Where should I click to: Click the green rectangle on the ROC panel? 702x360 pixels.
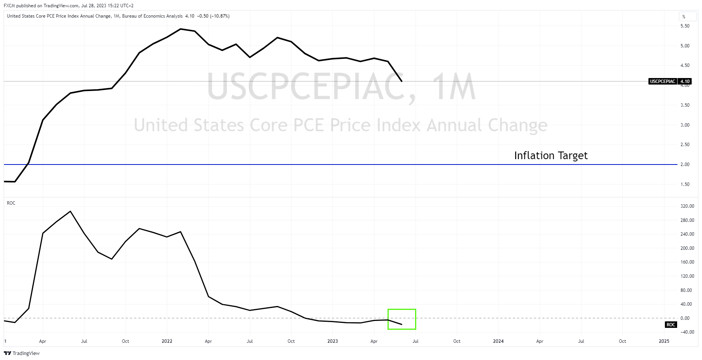pos(402,319)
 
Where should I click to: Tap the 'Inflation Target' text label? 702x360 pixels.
pos(551,155)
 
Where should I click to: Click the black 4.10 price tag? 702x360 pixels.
pos(685,81)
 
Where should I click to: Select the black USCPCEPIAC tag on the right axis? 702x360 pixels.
pos(663,81)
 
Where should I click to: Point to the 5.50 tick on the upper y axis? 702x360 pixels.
pos(685,26)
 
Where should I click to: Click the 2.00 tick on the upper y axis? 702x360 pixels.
pos(685,165)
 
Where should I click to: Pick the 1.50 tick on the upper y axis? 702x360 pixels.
pos(685,184)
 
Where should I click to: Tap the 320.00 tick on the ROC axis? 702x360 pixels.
pos(687,206)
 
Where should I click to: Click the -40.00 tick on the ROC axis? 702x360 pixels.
pos(687,332)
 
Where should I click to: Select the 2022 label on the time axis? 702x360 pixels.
pos(167,341)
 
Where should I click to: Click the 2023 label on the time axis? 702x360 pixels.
pos(332,341)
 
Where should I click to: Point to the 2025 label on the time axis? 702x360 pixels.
pos(664,341)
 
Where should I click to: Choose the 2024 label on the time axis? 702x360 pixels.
pos(498,341)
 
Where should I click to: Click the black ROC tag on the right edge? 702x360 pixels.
pos(671,325)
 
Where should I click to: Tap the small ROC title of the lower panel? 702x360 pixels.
pos(11,203)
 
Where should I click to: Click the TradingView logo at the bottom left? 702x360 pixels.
pos(22,353)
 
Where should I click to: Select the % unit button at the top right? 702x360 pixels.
pos(684,16)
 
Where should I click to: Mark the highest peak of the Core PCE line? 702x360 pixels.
pos(181,29)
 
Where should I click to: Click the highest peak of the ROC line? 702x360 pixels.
pos(70,211)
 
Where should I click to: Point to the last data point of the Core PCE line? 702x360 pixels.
pos(402,81)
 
